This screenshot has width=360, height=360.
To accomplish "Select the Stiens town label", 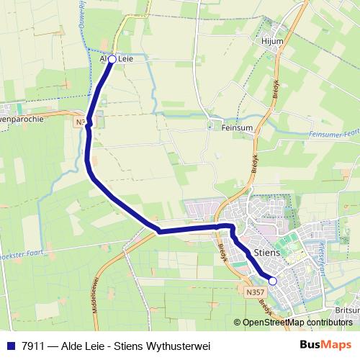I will (x=269, y=253).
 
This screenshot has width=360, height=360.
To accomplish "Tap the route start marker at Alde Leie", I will (x=112, y=60).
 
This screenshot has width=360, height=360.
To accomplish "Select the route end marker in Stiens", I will (x=273, y=280).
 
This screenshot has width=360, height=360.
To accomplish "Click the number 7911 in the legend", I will (x=31, y=345).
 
